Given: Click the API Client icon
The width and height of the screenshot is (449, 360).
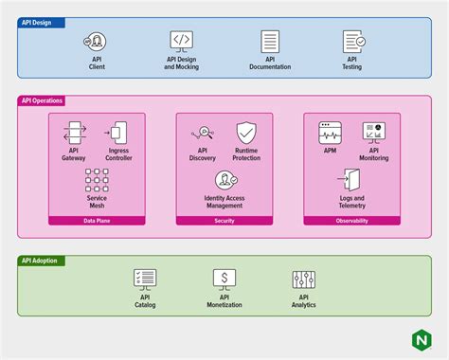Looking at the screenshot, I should coord(97,41).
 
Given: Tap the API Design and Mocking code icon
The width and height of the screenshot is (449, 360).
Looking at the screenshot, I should coord(182,41).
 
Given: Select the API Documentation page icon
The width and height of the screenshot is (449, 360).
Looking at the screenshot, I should coord(270,41).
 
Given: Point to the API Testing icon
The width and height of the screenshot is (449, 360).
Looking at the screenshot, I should coord(353,41).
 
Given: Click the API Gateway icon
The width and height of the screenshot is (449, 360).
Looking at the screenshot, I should coord(74,133).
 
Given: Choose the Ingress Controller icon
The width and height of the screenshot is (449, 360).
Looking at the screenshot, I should coord(117,133).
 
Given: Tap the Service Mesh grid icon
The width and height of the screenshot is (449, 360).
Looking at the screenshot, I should coord(97,179).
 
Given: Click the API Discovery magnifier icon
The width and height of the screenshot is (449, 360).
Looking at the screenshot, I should coord(203,133).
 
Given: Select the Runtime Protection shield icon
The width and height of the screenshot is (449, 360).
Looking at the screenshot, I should coord(246,133).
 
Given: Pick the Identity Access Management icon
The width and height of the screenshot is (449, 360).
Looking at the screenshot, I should coord(224,179).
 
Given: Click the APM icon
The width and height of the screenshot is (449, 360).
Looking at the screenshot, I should coord(330,133).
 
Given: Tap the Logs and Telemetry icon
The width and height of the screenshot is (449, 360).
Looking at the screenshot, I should coord(351,179).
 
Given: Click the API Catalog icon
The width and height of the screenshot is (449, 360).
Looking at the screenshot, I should coord(145,279).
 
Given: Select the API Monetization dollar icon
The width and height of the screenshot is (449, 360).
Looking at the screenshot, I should coord(224,279).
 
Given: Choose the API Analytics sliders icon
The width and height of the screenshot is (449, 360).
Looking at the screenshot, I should coord(304,279).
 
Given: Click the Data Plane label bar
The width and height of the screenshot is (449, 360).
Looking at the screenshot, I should coord(97,220).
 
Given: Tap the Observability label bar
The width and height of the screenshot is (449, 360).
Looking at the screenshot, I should coord(351,220).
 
